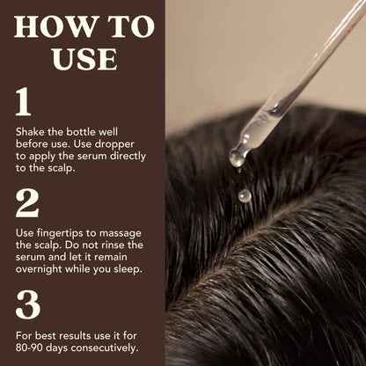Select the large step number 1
25,103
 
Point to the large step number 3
28,304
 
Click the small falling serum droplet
245,195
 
